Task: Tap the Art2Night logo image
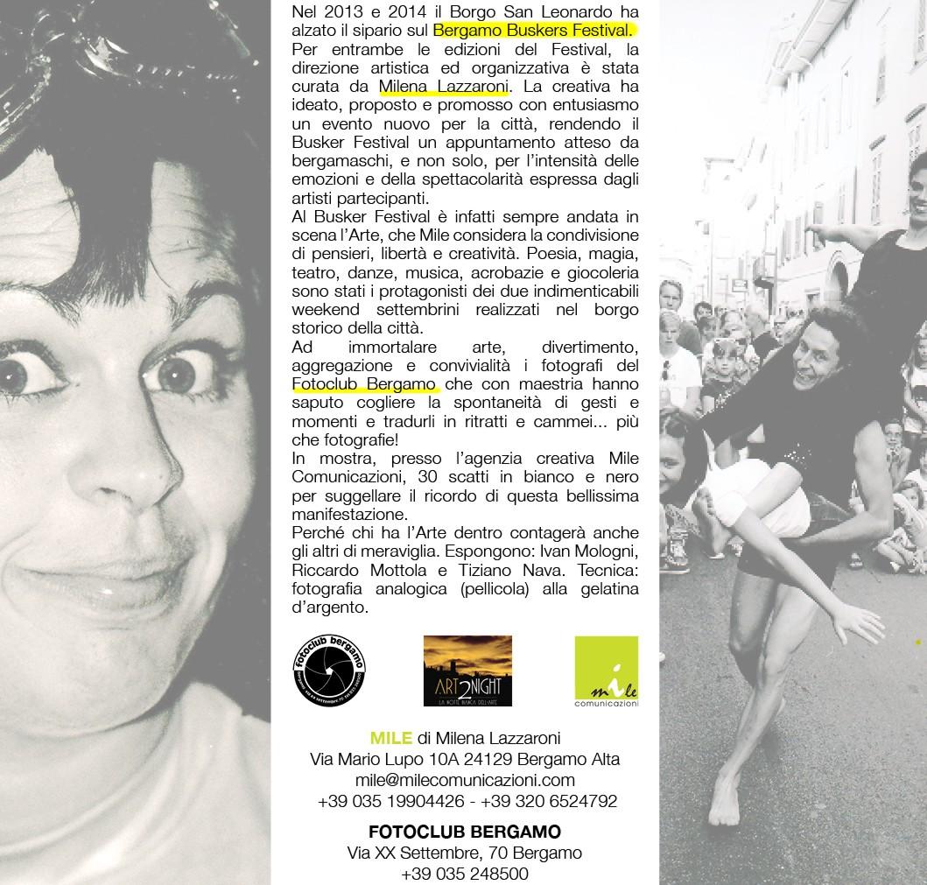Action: pyautogui.click(x=467, y=671)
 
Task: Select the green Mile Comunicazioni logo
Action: pyautogui.click(x=606, y=671)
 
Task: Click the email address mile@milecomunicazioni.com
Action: pyautogui.click(x=465, y=780)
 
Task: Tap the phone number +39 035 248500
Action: pyautogui.click(x=465, y=874)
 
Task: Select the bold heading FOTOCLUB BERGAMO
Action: pyautogui.click(x=465, y=831)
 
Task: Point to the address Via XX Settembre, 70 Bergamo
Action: pyautogui.click(x=465, y=852)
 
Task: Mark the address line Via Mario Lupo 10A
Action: pyautogui.click(x=385, y=759)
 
